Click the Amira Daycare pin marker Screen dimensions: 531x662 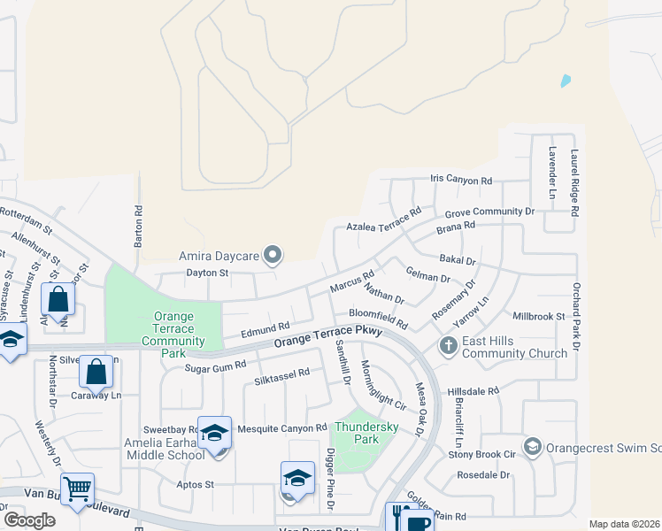(273, 257)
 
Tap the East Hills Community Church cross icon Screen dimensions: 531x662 (449, 344)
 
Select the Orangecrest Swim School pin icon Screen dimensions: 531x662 (532, 444)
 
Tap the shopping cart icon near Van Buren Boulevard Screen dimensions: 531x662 (78, 488)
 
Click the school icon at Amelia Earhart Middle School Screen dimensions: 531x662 (214, 433)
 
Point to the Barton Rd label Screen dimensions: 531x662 (138, 226)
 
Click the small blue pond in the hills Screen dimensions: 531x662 (566, 81)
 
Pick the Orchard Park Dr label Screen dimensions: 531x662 (575, 317)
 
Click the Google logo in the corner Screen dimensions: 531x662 (29, 519)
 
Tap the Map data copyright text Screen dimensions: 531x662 (625, 524)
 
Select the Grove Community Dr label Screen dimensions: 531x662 (489, 212)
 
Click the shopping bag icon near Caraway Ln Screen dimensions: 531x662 (96, 372)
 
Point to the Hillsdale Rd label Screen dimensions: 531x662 (473, 390)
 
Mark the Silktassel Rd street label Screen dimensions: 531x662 (282, 373)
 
